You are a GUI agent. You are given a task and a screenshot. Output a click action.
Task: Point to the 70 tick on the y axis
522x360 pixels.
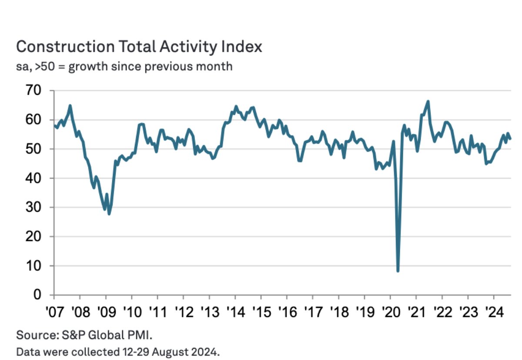[x=34, y=91]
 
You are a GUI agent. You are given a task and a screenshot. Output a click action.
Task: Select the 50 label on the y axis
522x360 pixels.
[x=34, y=149]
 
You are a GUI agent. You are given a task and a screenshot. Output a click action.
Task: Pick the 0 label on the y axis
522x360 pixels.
[x=39, y=295]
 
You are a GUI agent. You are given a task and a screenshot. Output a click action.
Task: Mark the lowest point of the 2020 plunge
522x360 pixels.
[x=398, y=271]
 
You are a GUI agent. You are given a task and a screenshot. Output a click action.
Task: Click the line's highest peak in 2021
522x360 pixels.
[x=428, y=102]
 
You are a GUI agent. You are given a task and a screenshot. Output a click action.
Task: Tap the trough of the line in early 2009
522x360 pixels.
[x=109, y=213]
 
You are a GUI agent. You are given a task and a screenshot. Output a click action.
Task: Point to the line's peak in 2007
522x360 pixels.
[x=70, y=105]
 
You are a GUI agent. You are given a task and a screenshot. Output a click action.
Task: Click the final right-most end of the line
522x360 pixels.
[x=510, y=139]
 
